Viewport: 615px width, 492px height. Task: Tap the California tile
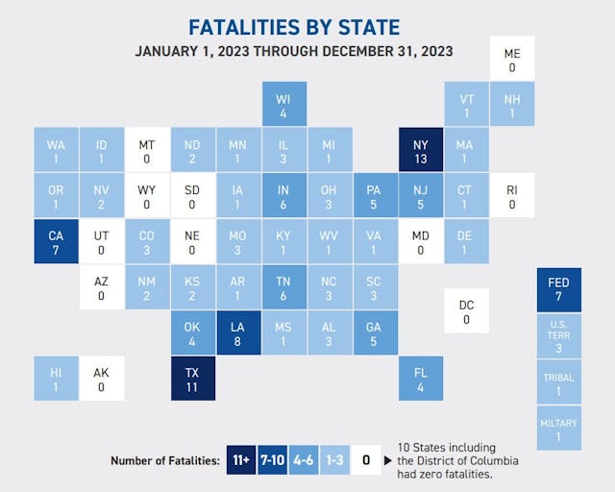pos(56,242)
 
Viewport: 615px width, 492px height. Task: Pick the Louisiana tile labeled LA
pos(238,333)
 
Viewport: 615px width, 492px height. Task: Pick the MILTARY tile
pos(558,428)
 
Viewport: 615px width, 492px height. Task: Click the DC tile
pos(466,311)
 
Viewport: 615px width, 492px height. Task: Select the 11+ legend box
pos(241,460)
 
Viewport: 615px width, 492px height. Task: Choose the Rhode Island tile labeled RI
pos(511,196)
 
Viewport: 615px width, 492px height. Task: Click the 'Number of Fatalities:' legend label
pos(164,461)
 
